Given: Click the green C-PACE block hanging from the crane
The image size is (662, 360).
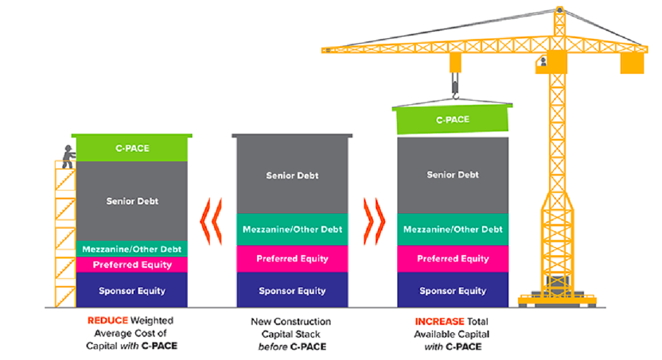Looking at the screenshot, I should (452, 120).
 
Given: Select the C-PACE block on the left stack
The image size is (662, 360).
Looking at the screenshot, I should (132, 148).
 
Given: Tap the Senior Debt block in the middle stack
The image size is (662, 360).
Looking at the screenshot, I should (292, 175).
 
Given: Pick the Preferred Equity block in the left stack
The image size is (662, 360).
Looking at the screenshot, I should (132, 264).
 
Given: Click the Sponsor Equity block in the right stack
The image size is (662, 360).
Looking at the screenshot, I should (452, 291).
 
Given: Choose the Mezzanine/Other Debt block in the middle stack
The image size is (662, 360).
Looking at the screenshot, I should (292, 230).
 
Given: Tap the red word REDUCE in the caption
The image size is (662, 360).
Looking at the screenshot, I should (108, 320).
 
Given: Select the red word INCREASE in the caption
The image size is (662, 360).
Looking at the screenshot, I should (438, 320).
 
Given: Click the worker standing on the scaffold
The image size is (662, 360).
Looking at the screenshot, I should (67, 157).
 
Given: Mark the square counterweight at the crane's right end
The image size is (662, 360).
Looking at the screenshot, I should (631, 62).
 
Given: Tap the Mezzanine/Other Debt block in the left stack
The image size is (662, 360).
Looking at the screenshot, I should (132, 249).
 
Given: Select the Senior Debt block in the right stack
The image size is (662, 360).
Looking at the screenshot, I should (452, 175).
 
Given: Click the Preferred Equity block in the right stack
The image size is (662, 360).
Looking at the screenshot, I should (452, 259).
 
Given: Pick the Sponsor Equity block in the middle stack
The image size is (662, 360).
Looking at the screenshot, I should (292, 291).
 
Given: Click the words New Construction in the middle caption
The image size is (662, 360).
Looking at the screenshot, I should (291, 321).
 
